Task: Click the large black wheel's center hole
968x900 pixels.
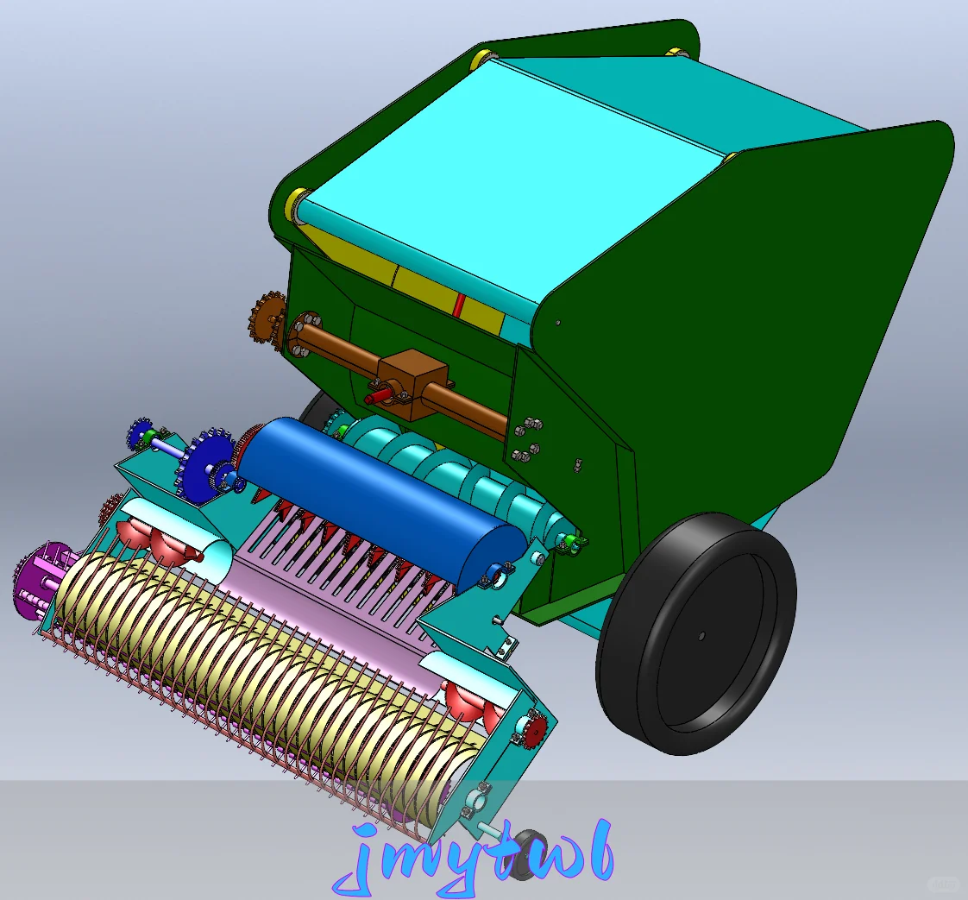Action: tap(701, 636)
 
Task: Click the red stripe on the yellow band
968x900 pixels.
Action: tap(460, 304)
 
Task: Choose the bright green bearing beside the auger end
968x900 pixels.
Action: tap(573, 543)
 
